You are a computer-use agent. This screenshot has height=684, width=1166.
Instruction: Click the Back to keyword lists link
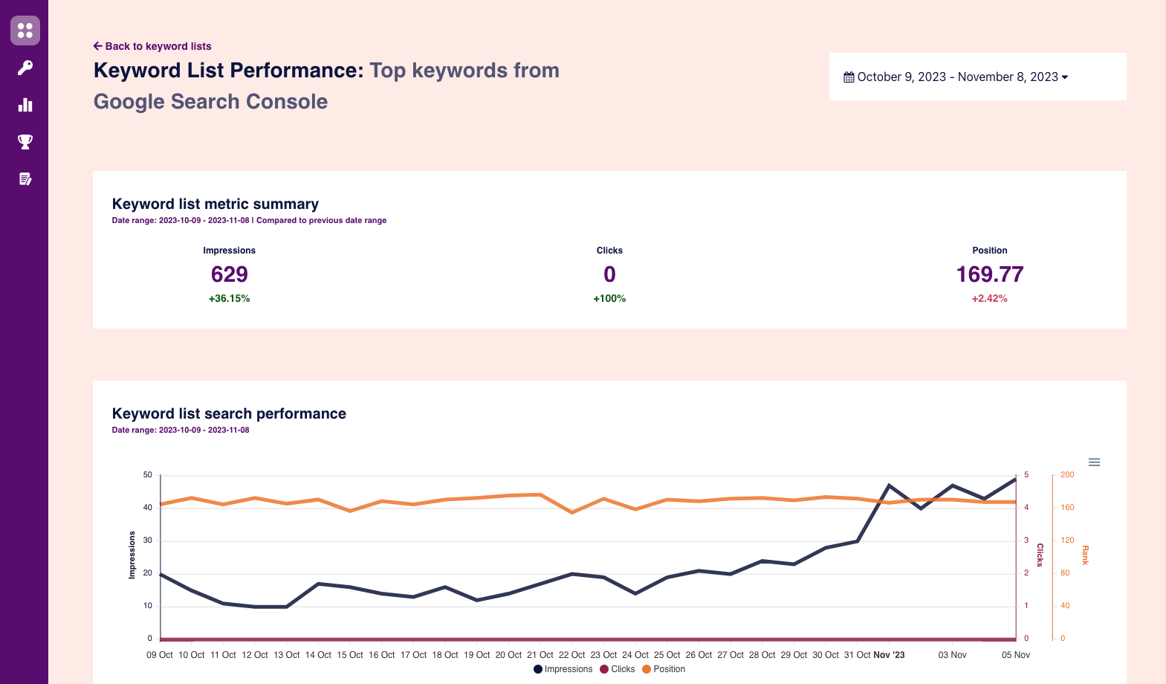click(152, 46)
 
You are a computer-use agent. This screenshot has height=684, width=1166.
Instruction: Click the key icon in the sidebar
click(25, 68)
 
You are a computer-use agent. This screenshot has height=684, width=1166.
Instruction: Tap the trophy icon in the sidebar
click(25, 142)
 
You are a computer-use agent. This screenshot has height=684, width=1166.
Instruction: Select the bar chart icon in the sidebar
click(25, 105)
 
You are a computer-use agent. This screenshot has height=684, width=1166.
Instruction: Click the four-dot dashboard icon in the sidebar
click(25, 30)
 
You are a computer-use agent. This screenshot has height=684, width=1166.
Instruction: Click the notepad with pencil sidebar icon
click(25, 179)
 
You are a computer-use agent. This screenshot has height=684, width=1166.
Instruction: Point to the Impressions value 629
click(229, 275)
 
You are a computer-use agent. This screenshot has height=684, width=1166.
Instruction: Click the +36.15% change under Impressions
click(229, 299)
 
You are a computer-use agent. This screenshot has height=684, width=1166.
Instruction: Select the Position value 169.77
click(989, 275)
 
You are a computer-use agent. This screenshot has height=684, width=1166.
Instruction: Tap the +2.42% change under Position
click(989, 299)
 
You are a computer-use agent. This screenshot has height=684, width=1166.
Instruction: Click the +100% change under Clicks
click(609, 299)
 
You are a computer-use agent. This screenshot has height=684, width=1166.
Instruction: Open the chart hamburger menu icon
click(1094, 462)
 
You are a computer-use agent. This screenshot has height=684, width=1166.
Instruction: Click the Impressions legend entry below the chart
click(563, 669)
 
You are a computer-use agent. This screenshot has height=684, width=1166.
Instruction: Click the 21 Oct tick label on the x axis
click(540, 655)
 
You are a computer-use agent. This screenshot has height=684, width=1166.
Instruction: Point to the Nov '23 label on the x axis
click(889, 655)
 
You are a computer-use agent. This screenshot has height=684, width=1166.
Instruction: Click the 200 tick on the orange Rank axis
click(1067, 474)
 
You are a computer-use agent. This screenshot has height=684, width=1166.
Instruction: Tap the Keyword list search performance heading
click(229, 414)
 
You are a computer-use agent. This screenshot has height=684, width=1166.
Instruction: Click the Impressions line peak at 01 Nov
click(889, 485)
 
